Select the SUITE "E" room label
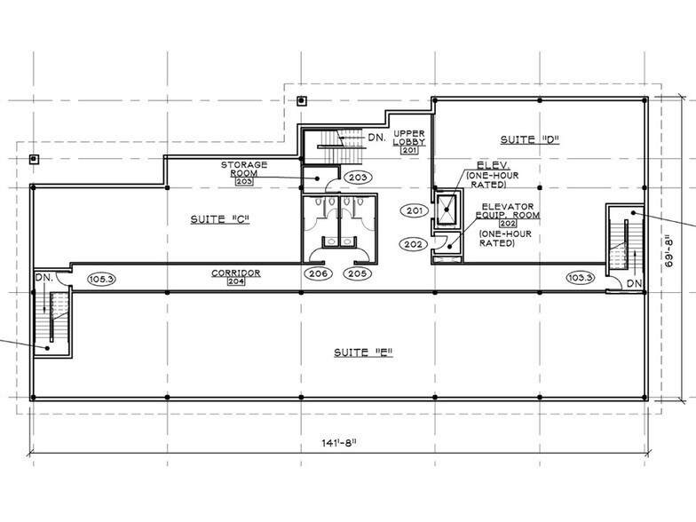[x=363, y=352]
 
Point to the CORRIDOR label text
[x=235, y=273]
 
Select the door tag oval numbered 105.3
[x=103, y=279]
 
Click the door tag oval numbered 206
[x=320, y=273]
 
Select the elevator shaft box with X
[x=447, y=211]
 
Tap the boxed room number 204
[x=235, y=281]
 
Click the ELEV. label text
[x=491, y=166]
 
